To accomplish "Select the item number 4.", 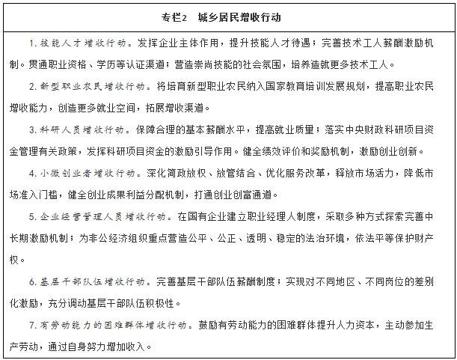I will pos(32,173).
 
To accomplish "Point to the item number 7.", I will pos(32,326).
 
